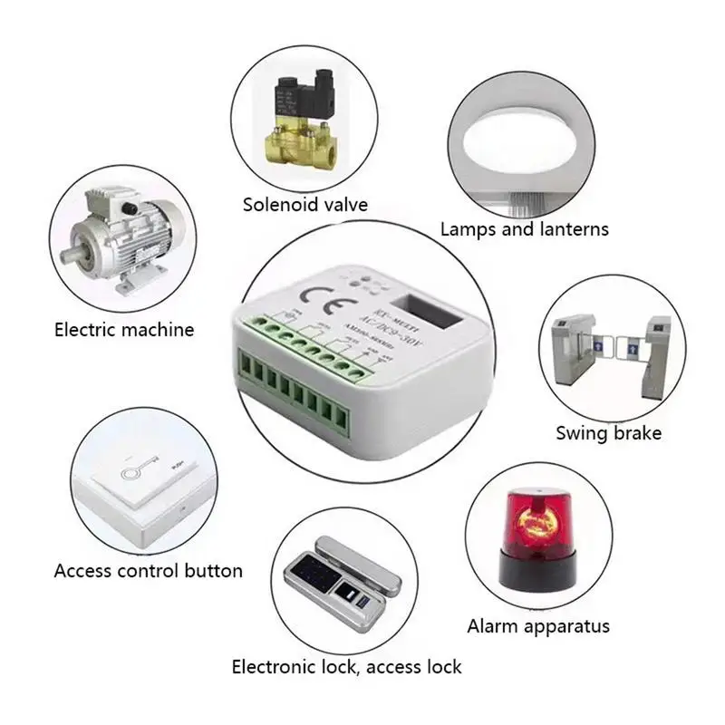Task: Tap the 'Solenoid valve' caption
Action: click(305, 205)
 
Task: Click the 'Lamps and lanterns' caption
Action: click(524, 229)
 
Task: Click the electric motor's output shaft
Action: click(73, 255)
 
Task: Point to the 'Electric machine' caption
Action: click(124, 330)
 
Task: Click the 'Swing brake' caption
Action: click(608, 433)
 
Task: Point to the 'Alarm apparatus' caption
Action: click(538, 626)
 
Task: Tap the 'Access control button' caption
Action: click(148, 571)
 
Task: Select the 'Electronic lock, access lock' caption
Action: click(346, 667)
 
